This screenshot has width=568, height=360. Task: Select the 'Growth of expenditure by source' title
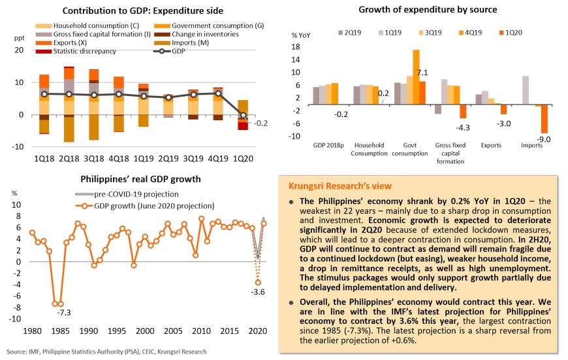[x=428, y=10]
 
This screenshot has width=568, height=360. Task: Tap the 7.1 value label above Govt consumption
[x=422, y=73]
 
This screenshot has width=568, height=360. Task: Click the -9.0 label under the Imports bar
[x=543, y=139]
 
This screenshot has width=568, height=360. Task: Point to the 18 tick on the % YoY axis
[x=296, y=47]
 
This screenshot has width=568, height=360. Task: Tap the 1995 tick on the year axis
[x=116, y=331]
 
